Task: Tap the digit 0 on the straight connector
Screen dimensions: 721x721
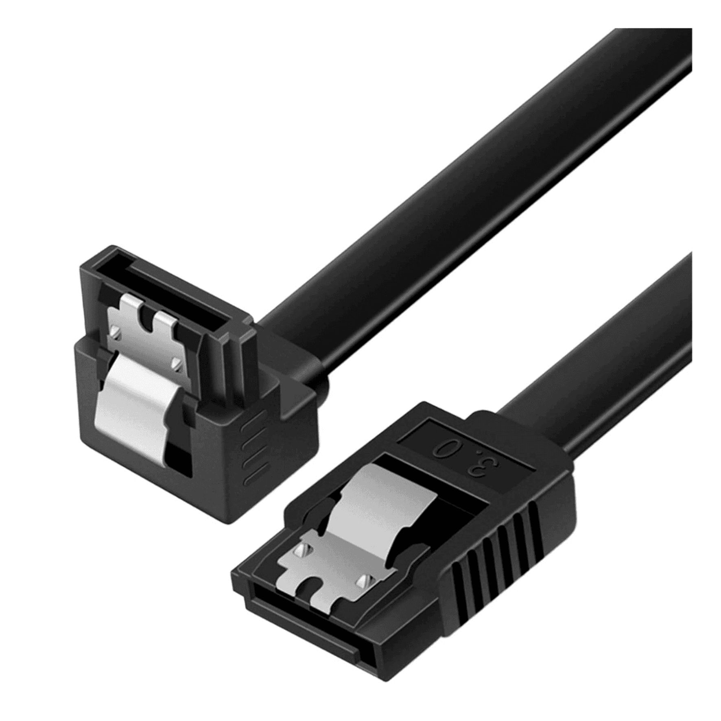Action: coord(442,450)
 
